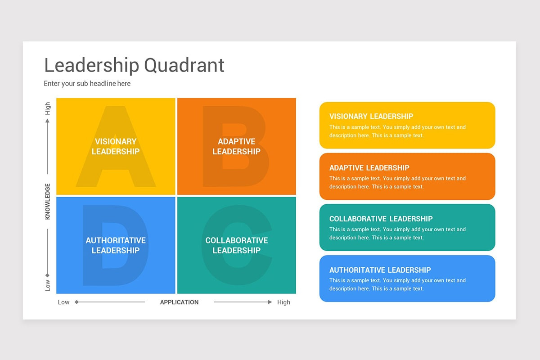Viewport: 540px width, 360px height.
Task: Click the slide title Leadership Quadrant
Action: pyautogui.click(x=134, y=65)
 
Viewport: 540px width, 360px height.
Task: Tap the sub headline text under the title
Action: pyautogui.click(x=87, y=83)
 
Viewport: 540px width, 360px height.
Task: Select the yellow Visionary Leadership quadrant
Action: pyautogui.click(x=116, y=147)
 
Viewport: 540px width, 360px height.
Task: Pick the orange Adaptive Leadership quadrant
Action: pyautogui.click(x=236, y=147)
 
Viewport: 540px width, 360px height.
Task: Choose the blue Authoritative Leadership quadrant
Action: pyautogui.click(x=116, y=245)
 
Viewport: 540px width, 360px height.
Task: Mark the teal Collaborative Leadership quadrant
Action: pyautogui.click(x=236, y=245)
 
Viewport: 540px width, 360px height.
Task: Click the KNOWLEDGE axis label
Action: pyautogui.click(x=48, y=201)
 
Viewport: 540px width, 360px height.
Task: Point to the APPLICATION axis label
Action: pyautogui.click(x=179, y=302)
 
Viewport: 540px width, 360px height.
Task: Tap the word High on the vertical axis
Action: pyautogui.click(x=48, y=108)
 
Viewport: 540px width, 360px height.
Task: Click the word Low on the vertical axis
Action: pyautogui.click(x=48, y=285)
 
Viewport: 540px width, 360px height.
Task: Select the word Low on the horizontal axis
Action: pyautogui.click(x=63, y=302)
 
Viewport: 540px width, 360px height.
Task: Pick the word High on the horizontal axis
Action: pyautogui.click(x=283, y=302)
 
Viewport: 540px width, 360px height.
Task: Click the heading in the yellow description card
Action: pyautogui.click(x=371, y=117)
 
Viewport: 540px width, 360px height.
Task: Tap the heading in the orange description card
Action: pyautogui.click(x=369, y=168)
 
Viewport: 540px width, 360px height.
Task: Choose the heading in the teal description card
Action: pyautogui.click(x=381, y=219)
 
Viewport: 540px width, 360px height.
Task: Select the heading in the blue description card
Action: pyautogui.click(x=380, y=270)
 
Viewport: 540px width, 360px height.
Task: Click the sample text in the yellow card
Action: pyautogui.click(x=397, y=131)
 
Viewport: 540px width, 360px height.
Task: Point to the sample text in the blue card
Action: pyautogui.click(x=397, y=284)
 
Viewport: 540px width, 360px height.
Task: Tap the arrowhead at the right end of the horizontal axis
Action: pyautogui.click(x=270, y=302)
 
